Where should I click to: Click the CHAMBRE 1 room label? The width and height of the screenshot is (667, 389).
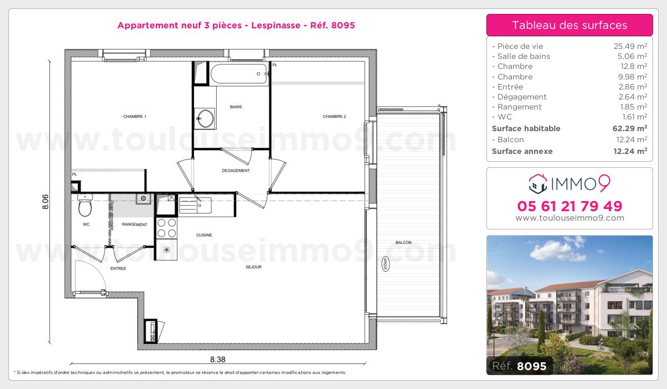pyautogui.click(x=135, y=117)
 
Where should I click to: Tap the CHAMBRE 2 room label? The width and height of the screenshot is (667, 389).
pyautogui.click(x=335, y=117)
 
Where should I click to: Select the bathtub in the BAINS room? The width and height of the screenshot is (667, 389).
pyautogui.click(x=238, y=73)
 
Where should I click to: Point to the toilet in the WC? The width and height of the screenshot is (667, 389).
pyautogui.click(x=85, y=207)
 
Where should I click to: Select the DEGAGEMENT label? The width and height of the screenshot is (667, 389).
pyautogui.click(x=236, y=171)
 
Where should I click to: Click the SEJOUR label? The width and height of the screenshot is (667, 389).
pyautogui.click(x=253, y=267)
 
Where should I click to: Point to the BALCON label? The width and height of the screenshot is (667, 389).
pyautogui.click(x=404, y=243)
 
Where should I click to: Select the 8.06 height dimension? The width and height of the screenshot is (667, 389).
pyautogui.click(x=46, y=201)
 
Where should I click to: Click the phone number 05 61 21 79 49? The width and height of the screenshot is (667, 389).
pyautogui.click(x=570, y=206)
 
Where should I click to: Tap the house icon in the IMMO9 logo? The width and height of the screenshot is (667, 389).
pyautogui.click(x=537, y=182)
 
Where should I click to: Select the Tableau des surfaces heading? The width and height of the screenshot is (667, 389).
pyautogui.click(x=570, y=25)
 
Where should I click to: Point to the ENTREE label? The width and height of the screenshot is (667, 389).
pyautogui.click(x=118, y=269)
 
